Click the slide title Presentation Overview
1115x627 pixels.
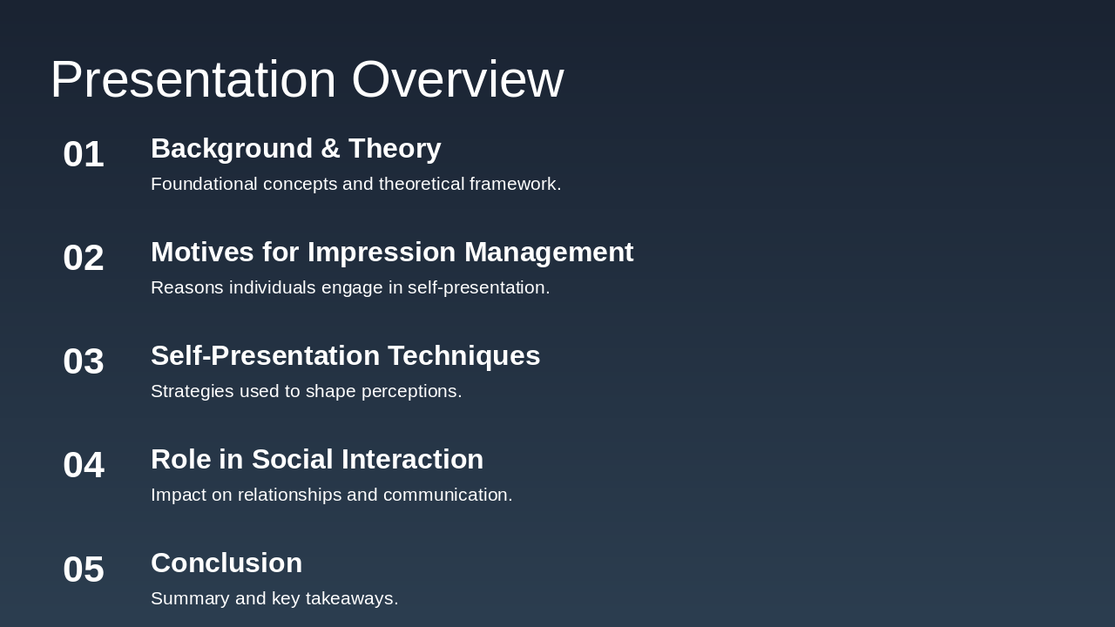(x=307, y=79)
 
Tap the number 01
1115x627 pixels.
(x=84, y=154)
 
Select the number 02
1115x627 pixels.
(x=84, y=258)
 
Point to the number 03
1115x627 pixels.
(x=84, y=361)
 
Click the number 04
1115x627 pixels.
(x=84, y=465)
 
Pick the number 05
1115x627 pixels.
(x=84, y=570)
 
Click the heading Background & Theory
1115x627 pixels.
(x=295, y=149)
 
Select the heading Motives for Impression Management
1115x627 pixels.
(x=392, y=253)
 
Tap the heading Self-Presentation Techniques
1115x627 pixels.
(x=345, y=356)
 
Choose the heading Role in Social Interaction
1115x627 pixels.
(x=317, y=460)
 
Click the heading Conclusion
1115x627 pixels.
(x=226, y=563)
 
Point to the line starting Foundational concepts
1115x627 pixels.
(x=355, y=184)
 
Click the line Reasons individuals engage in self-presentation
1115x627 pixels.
(x=350, y=287)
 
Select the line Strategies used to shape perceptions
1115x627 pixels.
(x=306, y=391)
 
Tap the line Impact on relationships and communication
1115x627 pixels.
(x=331, y=495)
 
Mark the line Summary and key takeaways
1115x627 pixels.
(x=274, y=598)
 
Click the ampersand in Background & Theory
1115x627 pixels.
(x=330, y=149)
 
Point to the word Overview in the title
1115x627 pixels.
(x=457, y=79)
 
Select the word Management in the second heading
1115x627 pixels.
(x=549, y=253)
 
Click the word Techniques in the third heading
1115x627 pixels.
(x=463, y=356)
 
